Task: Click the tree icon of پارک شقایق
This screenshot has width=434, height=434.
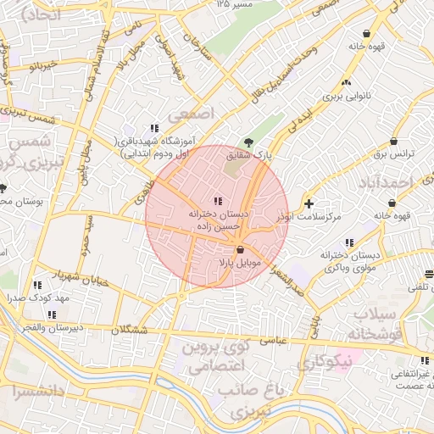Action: [248, 142]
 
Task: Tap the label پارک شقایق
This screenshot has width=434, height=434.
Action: [248, 155]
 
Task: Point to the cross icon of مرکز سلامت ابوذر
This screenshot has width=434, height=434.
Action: [309, 203]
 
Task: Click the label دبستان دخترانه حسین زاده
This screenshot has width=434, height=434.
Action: [219, 221]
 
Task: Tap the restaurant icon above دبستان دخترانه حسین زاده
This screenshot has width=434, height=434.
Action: [219, 202]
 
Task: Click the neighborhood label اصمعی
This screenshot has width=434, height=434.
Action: [194, 113]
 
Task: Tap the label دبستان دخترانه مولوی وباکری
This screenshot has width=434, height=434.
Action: [348, 260]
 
